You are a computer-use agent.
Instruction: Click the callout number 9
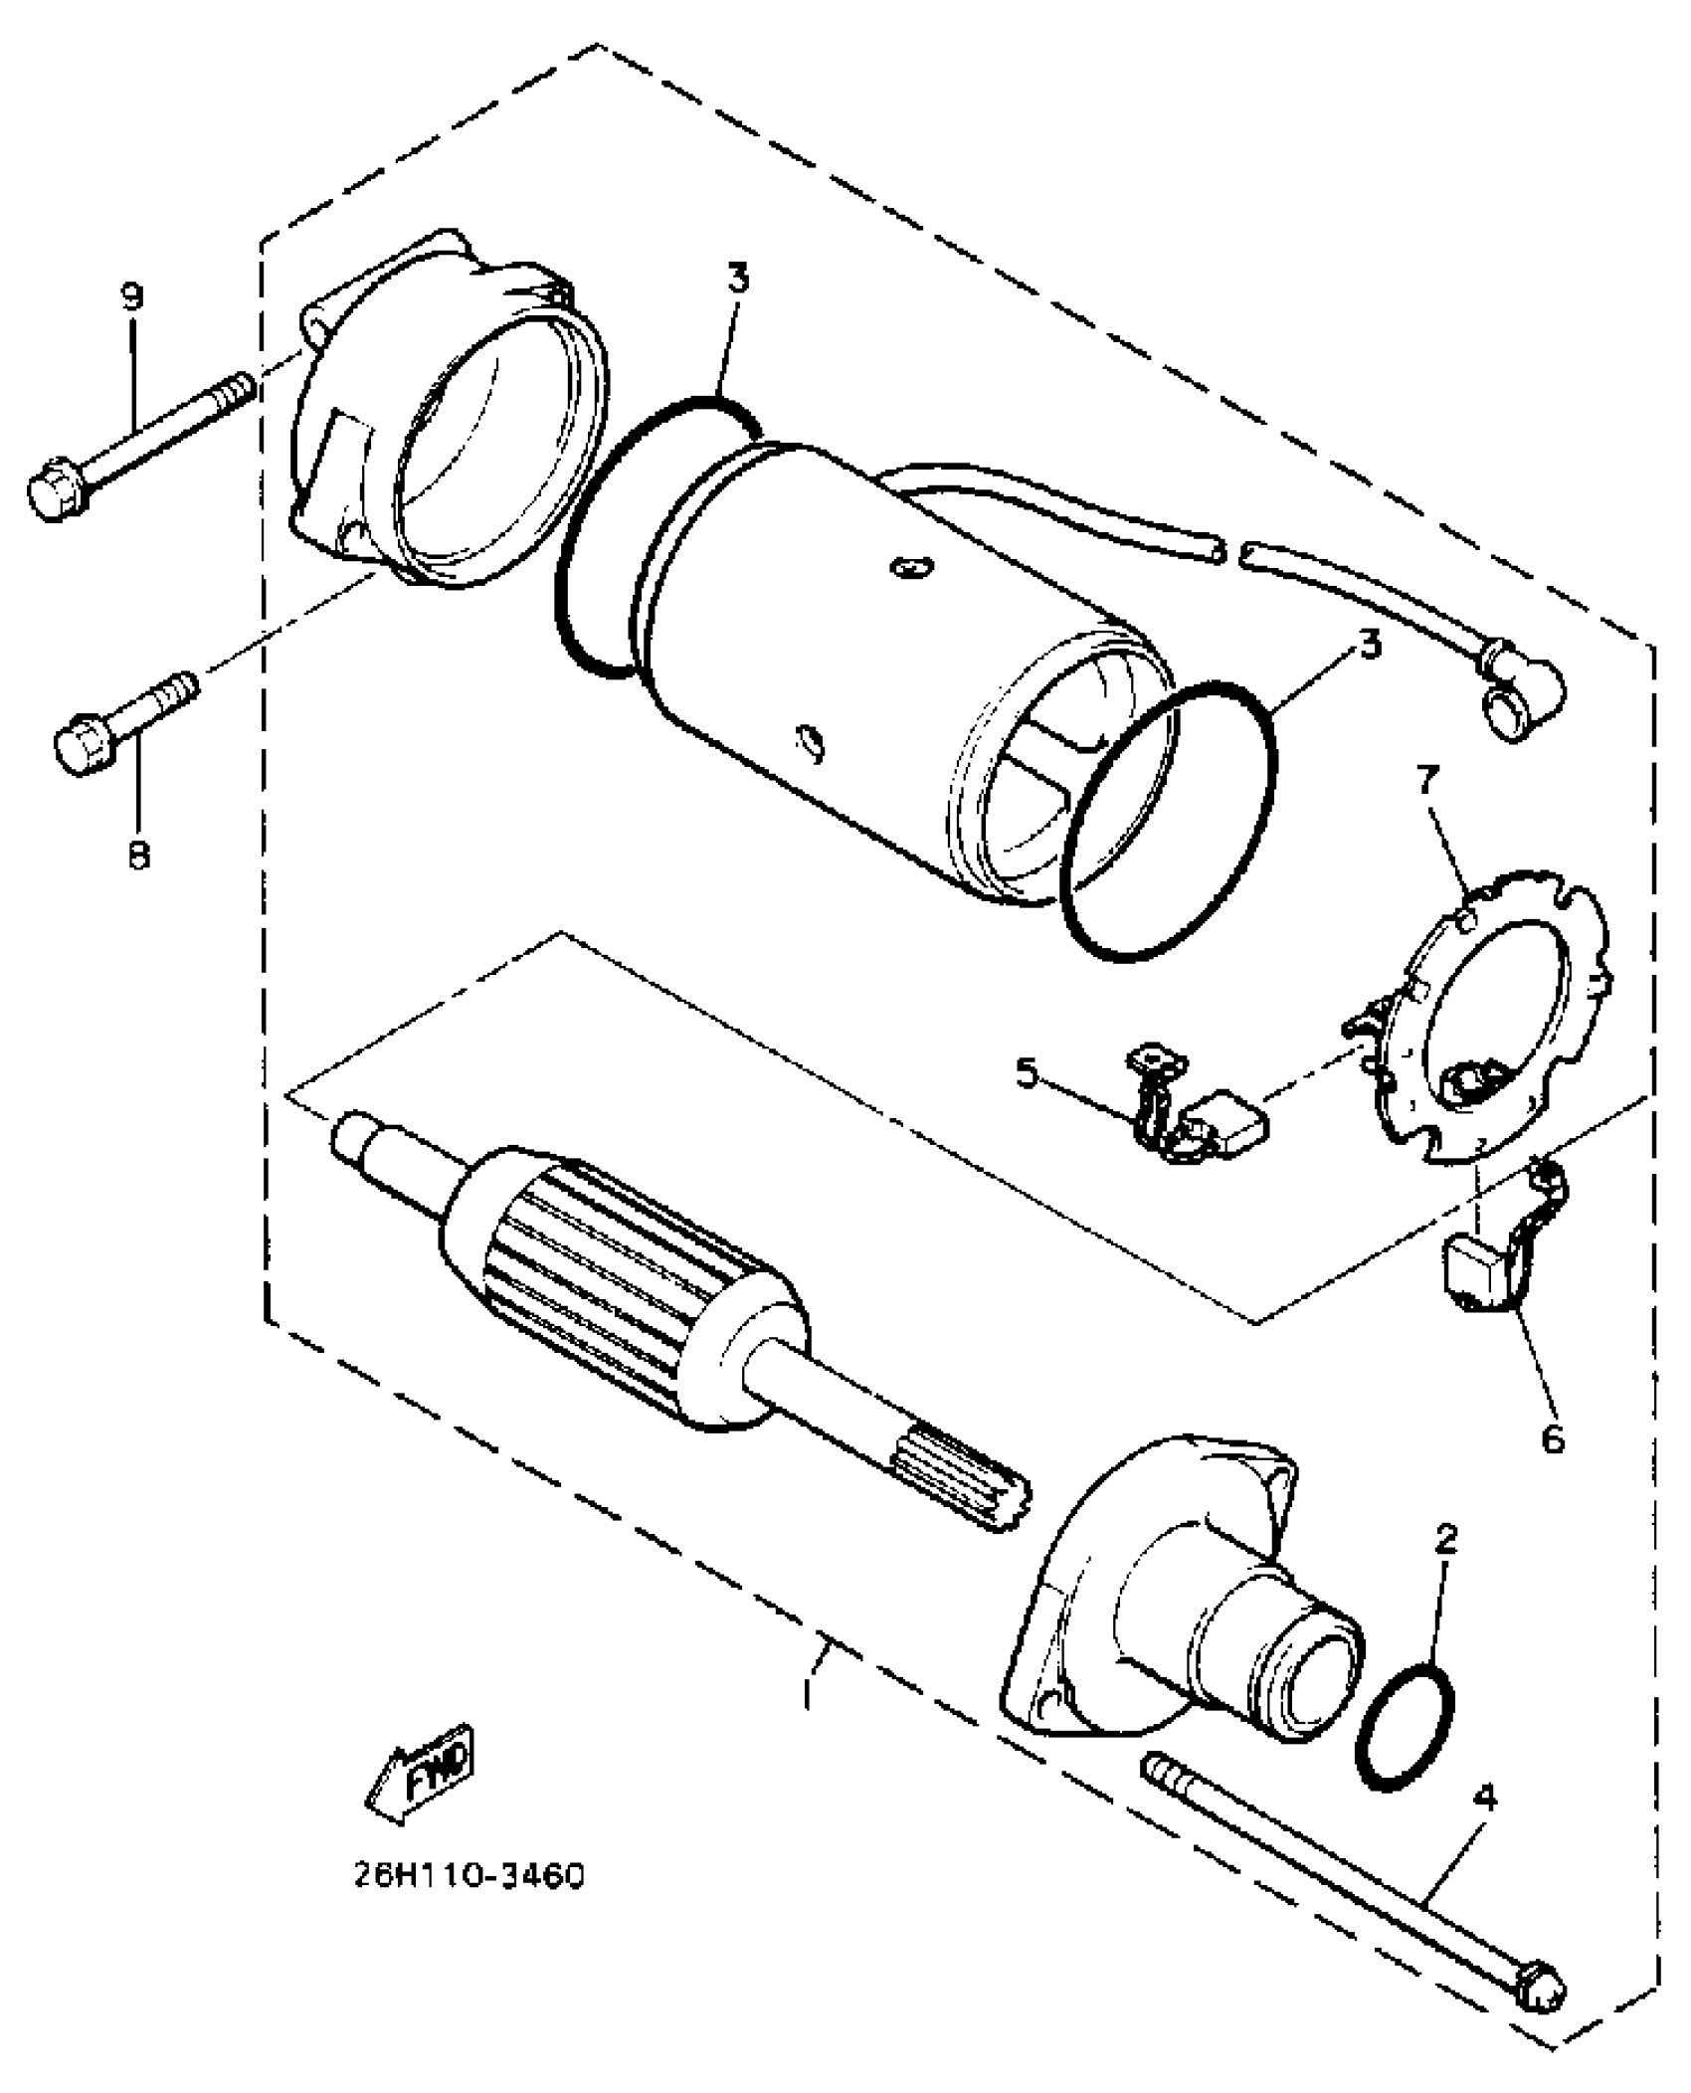pyautogui.click(x=131, y=296)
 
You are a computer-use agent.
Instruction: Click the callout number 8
pyautogui.click(x=138, y=853)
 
